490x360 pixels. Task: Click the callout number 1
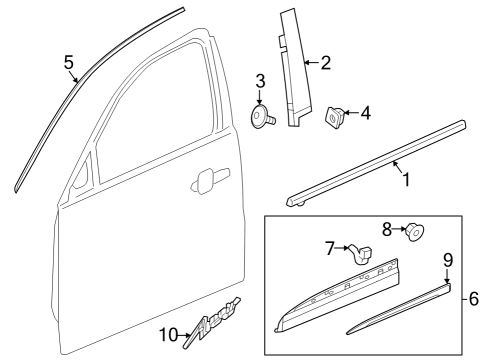[x=405, y=182]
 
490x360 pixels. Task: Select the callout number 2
[x=324, y=63]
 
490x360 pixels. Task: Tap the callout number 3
[x=259, y=80]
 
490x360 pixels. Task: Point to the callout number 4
[x=365, y=113]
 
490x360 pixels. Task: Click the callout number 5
[x=69, y=62]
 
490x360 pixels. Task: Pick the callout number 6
[x=475, y=297]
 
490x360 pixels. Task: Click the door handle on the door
[x=206, y=181]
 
